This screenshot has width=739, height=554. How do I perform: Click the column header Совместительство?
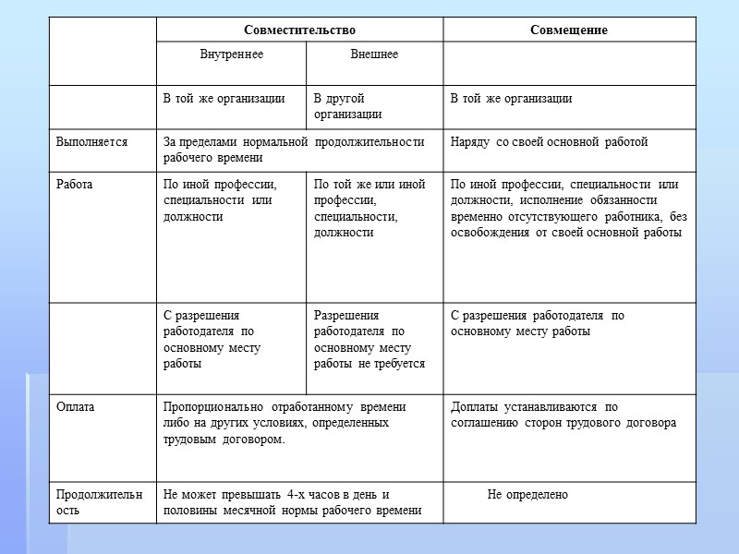[x=299, y=30]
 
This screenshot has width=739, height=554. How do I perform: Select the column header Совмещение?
[x=568, y=30]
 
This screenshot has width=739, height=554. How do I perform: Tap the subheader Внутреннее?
[x=231, y=54]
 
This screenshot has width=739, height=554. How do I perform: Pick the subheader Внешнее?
[x=374, y=54]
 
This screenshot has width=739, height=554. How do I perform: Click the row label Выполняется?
[x=91, y=142]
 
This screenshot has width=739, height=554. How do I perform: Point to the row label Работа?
[x=75, y=185]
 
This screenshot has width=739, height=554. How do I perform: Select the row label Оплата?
[x=76, y=406]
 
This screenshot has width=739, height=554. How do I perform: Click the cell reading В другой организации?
[x=347, y=106]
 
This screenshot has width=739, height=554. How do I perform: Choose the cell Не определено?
[x=527, y=495]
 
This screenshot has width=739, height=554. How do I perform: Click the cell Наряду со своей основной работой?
[x=549, y=142]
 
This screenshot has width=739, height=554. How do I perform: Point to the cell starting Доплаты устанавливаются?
[x=563, y=415]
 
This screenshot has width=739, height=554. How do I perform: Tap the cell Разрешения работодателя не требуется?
[x=369, y=340]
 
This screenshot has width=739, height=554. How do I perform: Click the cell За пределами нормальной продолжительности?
[x=293, y=150]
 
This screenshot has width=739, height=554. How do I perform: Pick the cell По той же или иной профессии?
[x=369, y=209]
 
